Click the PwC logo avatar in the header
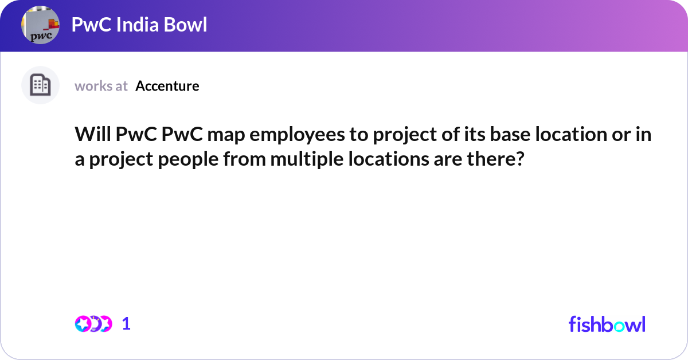pyautogui.click(x=40, y=26)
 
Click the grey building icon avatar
pyautogui.click(x=40, y=85)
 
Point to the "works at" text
pyautogui.click(x=101, y=86)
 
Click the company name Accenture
pyautogui.click(x=167, y=86)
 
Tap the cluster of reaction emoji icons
pyautogui.click(x=93, y=324)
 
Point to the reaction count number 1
pyautogui.click(x=127, y=324)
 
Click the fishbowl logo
pyautogui.click(x=607, y=324)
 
